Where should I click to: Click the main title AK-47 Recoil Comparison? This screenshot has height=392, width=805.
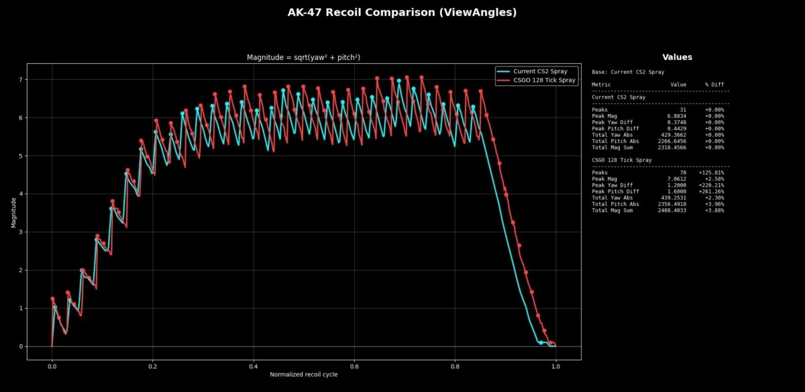coord(402,12)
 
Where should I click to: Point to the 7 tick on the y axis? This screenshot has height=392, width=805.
coord(21,80)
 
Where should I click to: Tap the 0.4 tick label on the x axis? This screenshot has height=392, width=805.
coord(254,366)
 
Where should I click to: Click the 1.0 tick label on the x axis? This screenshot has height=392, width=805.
coord(555,366)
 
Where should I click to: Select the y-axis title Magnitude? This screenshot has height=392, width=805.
coord(13,212)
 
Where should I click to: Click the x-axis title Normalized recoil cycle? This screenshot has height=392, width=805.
coord(304,375)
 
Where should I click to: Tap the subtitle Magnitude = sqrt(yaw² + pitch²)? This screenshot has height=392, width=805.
coord(304,58)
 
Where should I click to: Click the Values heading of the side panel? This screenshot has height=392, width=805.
coord(677,58)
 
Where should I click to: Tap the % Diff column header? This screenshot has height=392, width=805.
coord(714,85)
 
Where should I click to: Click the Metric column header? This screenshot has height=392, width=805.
coord(601,85)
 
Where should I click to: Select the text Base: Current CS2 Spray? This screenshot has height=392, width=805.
coord(628,72)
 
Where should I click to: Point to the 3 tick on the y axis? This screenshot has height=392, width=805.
coord(21,232)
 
